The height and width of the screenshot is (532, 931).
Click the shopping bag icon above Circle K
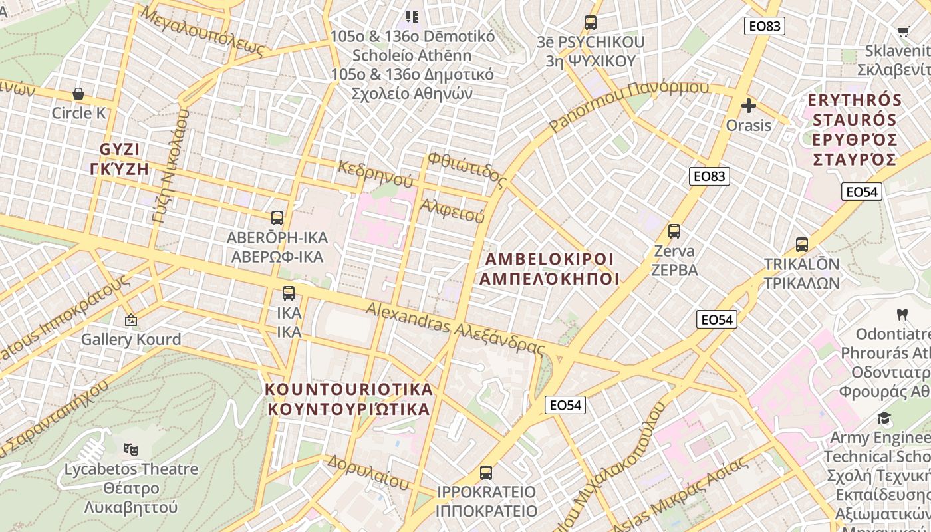pyautogui.click(x=78, y=94)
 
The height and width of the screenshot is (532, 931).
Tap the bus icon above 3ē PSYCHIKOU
pyautogui.click(x=590, y=23)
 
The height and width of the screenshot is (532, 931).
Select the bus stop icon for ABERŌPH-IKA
pyautogui.click(x=277, y=217)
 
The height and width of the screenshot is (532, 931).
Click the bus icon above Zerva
pyautogui.click(x=674, y=231)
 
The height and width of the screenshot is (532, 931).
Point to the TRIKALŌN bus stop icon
pyautogui.click(x=802, y=244)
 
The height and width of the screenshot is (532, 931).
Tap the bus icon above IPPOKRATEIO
pyautogui.click(x=486, y=473)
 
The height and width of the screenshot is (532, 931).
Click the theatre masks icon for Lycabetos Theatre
pyautogui.click(x=131, y=450)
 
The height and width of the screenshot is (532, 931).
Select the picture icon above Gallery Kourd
pyautogui.click(x=131, y=320)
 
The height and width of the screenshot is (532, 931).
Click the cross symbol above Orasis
pyautogui.click(x=749, y=106)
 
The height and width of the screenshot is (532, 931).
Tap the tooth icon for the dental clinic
pyautogui.click(x=902, y=314)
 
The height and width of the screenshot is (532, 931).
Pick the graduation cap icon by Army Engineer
pyautogui.click(x=884, y=418)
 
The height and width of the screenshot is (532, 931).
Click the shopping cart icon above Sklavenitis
pyautogui.click(x=903, y=31)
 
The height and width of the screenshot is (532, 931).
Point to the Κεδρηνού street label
pyautogui.click(x=375, y=173)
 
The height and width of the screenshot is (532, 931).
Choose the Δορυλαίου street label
pyautogui.click(x=367, y=471)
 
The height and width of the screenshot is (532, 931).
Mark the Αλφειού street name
pyautogui.click(x=452, y=210)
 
